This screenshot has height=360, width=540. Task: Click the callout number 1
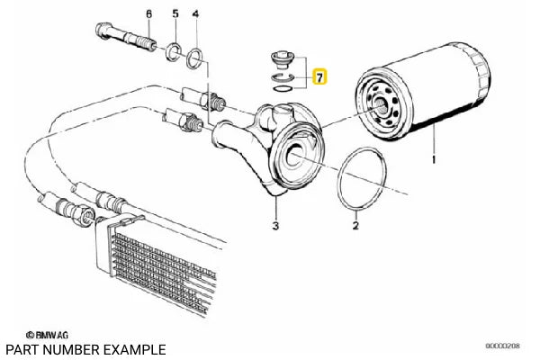(435, 159)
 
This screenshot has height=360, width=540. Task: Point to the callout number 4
(198, 14)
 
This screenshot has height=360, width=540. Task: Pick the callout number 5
(175, 14)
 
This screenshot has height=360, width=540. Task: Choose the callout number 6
(148, 14)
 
